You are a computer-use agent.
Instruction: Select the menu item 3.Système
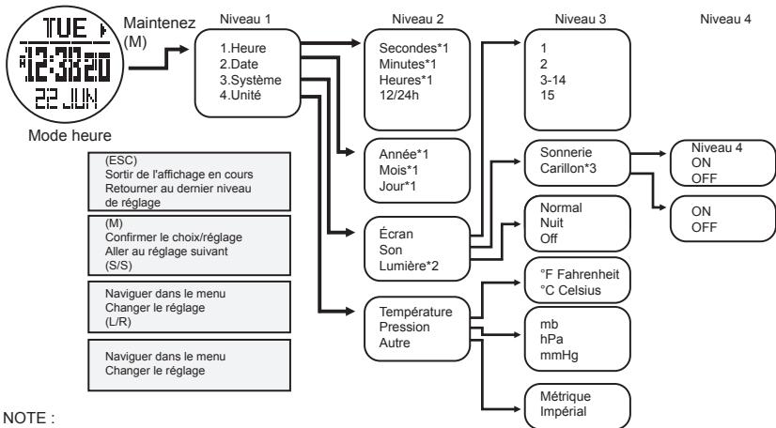[x=245, y=80]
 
